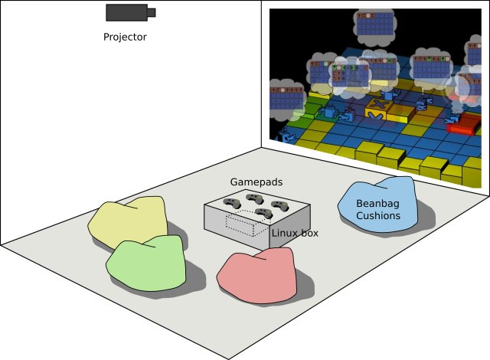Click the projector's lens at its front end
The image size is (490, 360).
pyautogui.click(x=152, y=12)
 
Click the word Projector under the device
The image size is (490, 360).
pyautogui.click(x=125, y=36)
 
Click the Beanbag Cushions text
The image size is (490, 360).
pyautogui.click(x=378, y=210)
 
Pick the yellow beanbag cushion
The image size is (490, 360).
pyautogui.click(x=128, y=220)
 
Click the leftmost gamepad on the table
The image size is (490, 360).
pyautogui.click(x=230, y=203)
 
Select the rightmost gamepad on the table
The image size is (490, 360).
pyautogui.click(x=280, y=205)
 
